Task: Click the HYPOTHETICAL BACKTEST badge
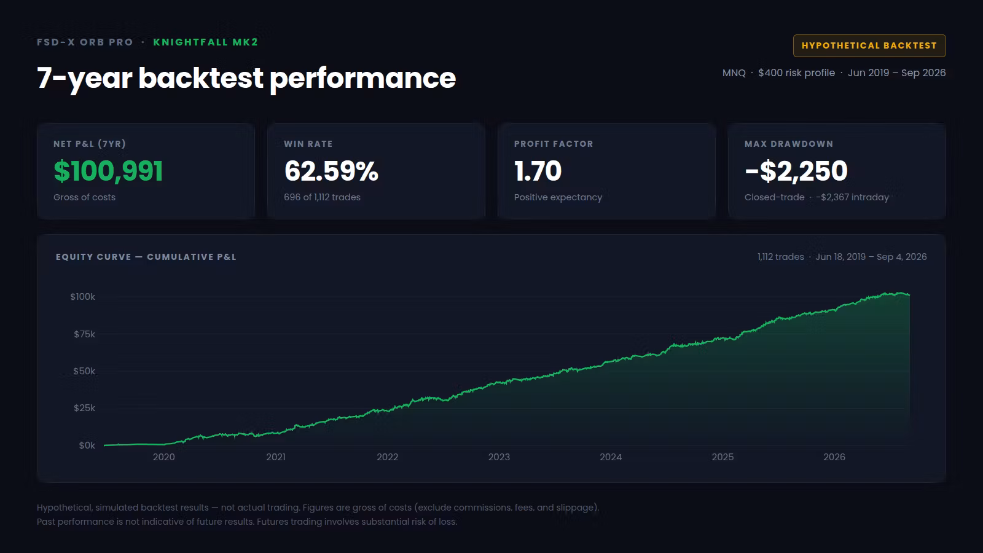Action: point(869,45)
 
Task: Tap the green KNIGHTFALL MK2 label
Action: point(205,42)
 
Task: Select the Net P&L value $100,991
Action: point(108,171)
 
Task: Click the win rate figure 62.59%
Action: point(331,171)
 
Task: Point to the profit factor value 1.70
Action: point(538,171)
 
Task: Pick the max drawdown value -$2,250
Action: point(796,171)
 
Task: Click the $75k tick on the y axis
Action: point(84,334)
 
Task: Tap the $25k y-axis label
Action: point(84,408)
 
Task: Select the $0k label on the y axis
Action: point(87,445)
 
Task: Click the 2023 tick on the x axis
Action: point(499,457)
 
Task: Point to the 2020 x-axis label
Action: point(163,457)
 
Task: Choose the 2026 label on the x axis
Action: point(834,457)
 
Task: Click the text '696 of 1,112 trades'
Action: point(322,197)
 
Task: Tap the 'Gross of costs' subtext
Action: point(84,197)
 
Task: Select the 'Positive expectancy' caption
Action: point(558,197)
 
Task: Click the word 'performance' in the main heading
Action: point(362,78)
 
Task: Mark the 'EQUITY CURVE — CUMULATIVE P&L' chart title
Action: point(146,257)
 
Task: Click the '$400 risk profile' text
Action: point(796,73)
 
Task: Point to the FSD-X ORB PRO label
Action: point(85,42)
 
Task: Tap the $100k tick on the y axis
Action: point(82,297)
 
